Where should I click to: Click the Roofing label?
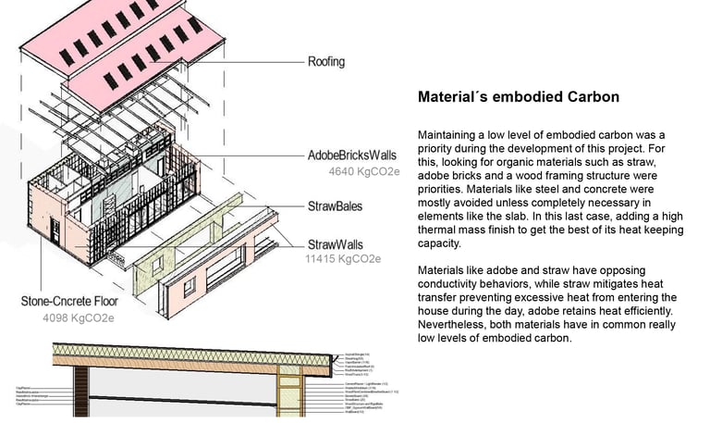(325, 63)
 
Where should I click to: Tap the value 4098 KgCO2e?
(78, 318)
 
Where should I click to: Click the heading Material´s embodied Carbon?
(519, 96)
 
